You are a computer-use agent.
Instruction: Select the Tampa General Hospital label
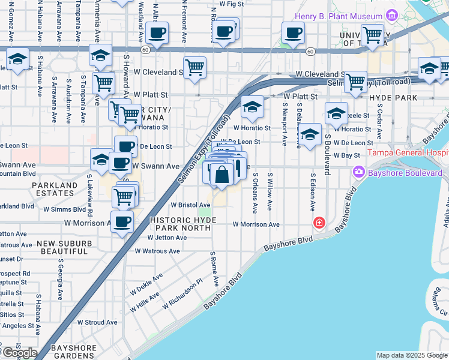tap(408, 152)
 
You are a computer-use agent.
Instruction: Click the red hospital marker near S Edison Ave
tap(319, 223)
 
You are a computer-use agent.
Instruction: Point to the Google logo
tap(19, 353)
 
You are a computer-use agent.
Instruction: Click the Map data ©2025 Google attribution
tap(412, 355)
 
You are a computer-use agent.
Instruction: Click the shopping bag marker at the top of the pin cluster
tap(222, 175)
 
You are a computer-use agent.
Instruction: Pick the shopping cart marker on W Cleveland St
tap(195, 68)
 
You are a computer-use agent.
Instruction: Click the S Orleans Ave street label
tap(255, 193)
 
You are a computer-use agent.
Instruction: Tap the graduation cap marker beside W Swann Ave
tap(101, 160)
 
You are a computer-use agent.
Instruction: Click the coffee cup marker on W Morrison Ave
tap(123, 221)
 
